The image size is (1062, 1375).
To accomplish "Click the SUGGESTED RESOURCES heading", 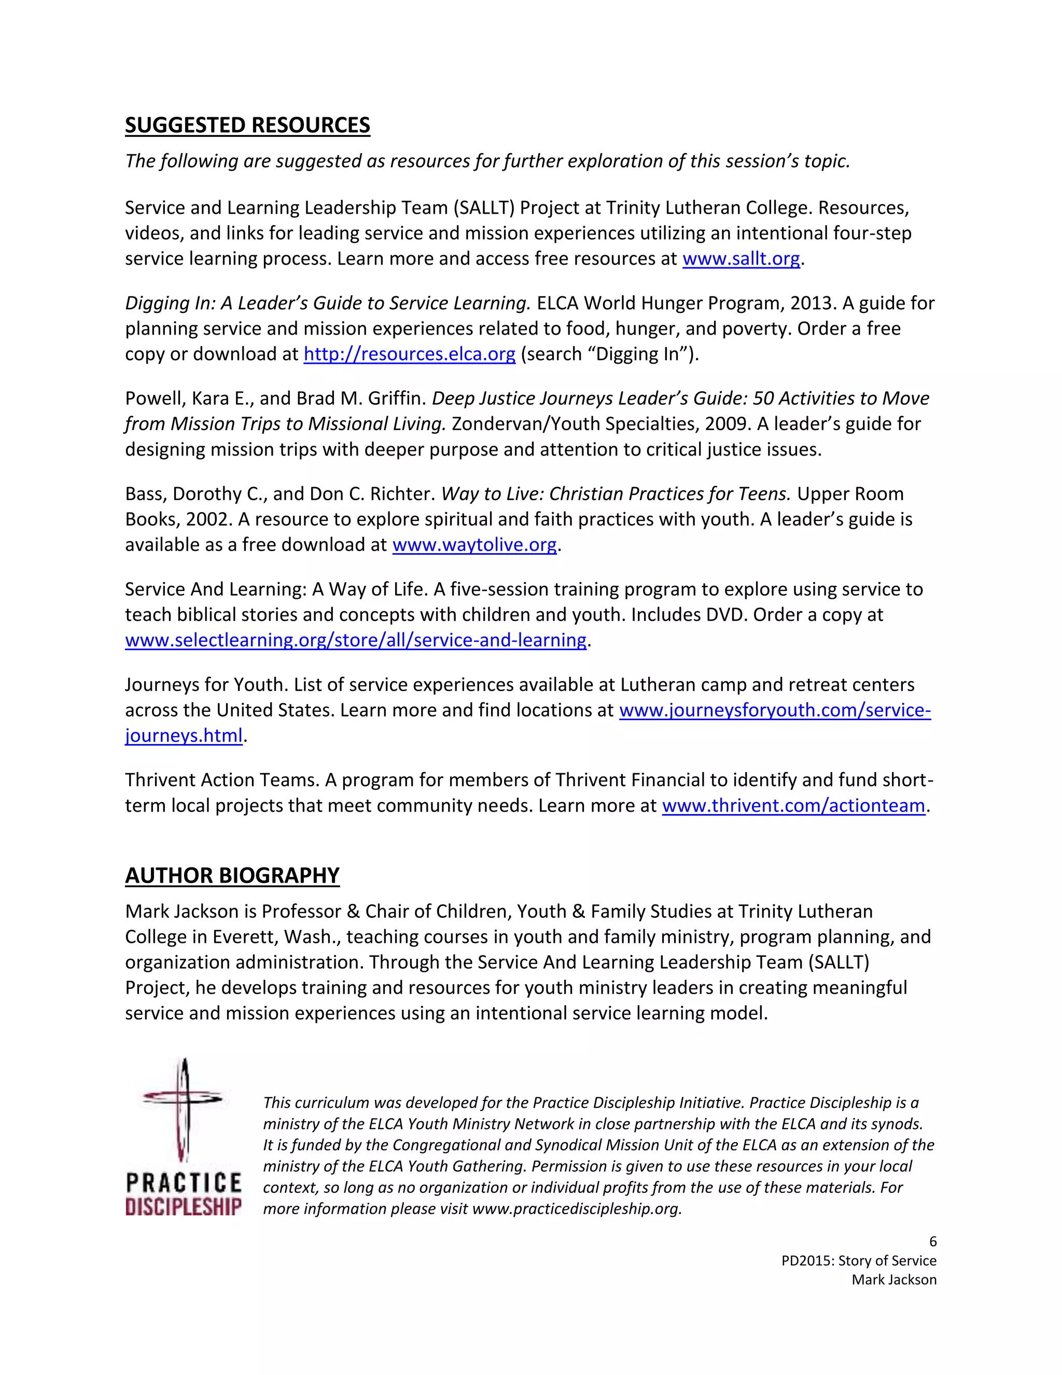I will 247,125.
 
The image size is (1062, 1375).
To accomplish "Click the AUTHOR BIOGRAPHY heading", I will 232,875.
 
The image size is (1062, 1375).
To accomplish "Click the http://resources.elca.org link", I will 409,354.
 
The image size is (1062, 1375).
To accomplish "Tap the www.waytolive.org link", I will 474,545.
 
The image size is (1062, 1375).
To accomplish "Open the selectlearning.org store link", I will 355,640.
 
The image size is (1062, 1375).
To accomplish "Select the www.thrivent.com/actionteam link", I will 793,805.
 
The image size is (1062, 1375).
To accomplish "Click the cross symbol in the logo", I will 183,1111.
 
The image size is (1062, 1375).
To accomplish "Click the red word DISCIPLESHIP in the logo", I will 183,1207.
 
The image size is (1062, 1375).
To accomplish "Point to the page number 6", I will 932,1242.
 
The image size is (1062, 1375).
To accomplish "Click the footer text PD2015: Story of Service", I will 858,1260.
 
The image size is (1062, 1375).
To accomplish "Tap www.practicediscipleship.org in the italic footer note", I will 576,1209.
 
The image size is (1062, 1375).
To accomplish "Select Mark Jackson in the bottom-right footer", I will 893,1280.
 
